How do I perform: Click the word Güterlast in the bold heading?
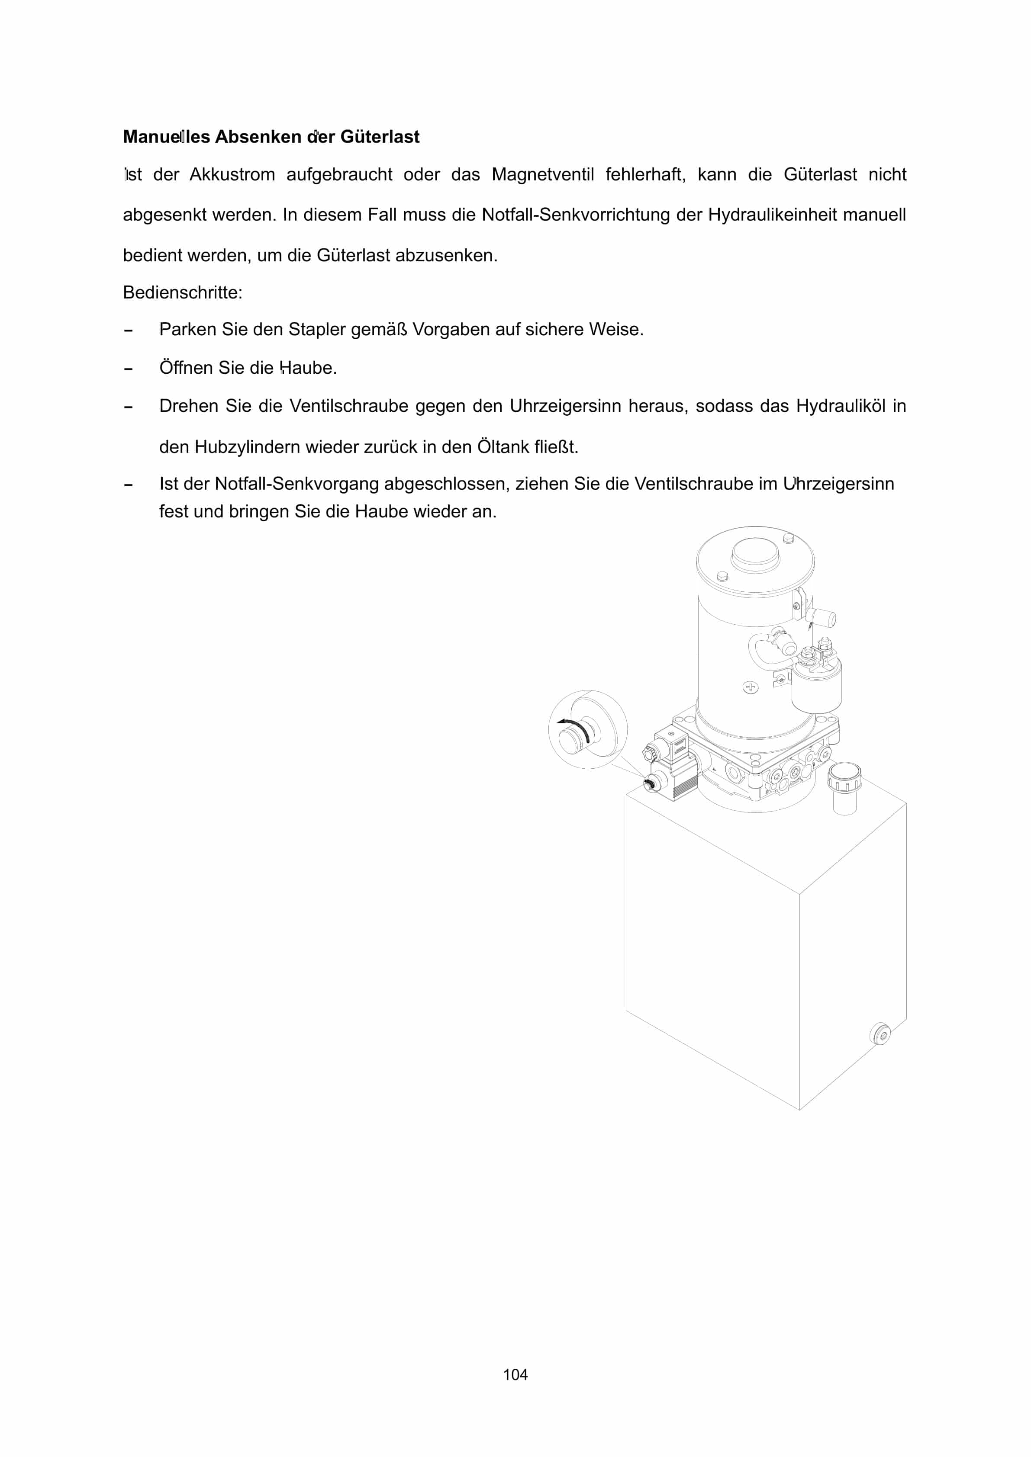coord(380,137)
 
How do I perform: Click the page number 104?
coord(515,1374)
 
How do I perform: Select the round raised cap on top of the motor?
coord(755,555)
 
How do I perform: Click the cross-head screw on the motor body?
coord(751,687)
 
